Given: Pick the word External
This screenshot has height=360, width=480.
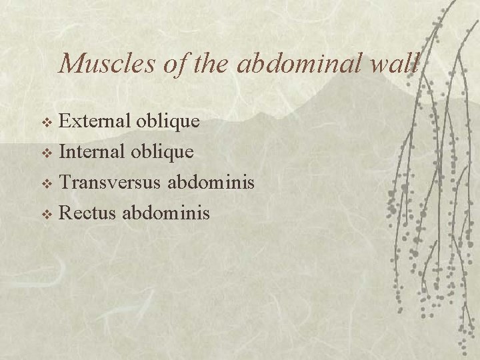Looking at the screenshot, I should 96,121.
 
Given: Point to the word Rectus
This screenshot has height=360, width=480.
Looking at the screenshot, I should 87,213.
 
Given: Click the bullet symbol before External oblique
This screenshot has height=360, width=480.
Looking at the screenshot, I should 47,123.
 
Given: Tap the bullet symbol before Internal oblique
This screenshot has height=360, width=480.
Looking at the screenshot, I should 47,153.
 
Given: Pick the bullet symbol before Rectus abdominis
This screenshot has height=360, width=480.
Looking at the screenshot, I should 47,215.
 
